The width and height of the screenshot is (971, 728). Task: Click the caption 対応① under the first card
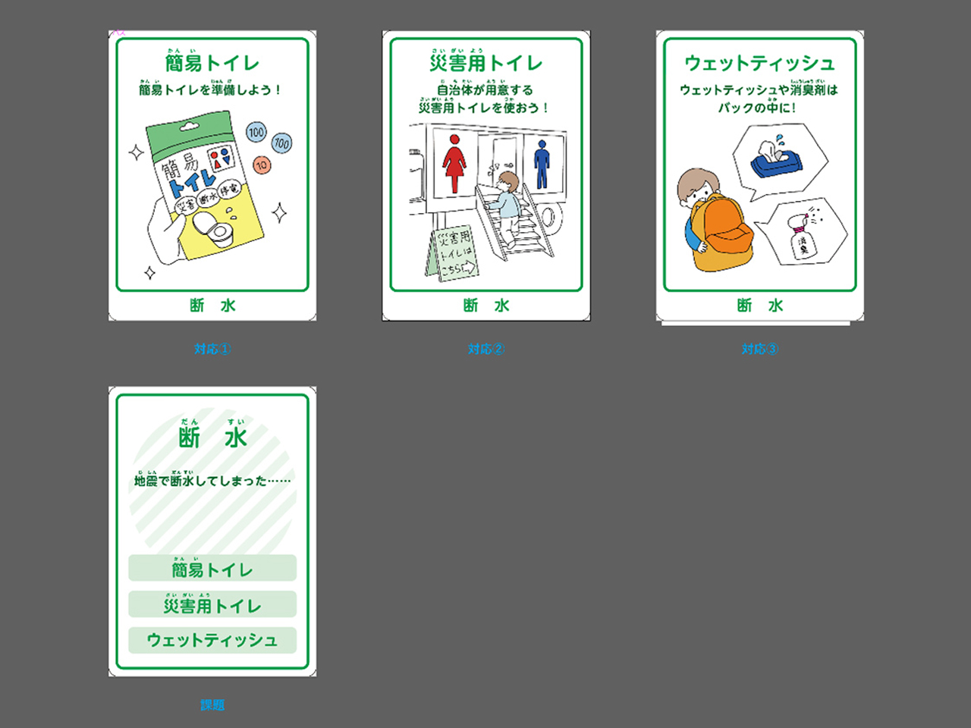212,349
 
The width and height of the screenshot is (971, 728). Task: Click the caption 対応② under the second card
485,349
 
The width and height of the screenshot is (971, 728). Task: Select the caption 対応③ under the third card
759,349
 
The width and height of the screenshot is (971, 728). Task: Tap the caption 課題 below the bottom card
212,704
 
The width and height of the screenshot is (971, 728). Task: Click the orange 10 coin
262,165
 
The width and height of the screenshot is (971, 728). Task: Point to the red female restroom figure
454,163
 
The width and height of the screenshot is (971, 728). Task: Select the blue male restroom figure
542,163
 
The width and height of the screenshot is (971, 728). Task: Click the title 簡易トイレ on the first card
212,63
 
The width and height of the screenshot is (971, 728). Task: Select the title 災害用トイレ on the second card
485,63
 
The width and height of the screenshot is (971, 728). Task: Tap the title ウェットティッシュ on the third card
759,63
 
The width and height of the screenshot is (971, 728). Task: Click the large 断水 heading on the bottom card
212,438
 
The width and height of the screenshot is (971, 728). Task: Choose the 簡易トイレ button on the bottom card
212,569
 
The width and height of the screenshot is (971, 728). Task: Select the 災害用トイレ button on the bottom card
212,605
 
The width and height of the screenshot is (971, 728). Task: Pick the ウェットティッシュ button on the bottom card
212,640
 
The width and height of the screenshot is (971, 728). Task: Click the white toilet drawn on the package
210,227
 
